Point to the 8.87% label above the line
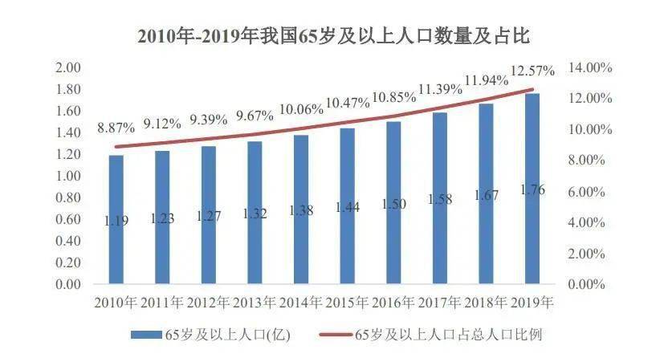point(116,128)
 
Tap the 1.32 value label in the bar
point(255,214)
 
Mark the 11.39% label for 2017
point(439,88)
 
